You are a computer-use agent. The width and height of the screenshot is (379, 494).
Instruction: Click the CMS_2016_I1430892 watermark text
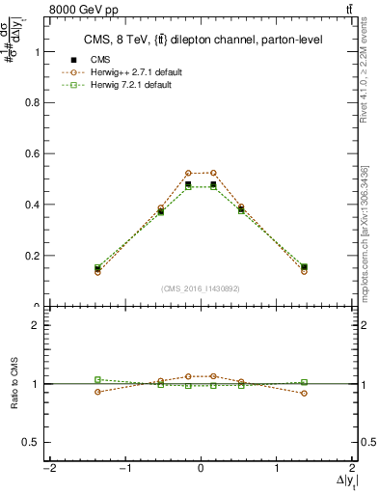[201, 288]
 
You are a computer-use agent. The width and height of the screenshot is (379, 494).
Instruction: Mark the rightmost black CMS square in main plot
[304, 267]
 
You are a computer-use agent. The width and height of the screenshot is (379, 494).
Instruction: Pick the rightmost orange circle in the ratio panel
[304, 393]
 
